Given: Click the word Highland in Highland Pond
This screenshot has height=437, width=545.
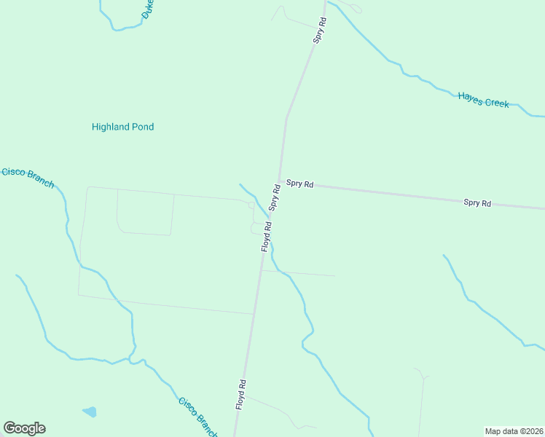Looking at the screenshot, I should tap(110, 127).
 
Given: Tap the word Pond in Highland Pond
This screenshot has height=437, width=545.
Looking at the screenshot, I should tap(143, 127).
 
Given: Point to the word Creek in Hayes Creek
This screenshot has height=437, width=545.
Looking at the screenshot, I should tap(497, 103).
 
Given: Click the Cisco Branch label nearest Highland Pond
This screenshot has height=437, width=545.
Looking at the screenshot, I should tap(28, 177).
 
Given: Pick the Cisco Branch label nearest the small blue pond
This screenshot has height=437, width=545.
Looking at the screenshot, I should tap(197, 417).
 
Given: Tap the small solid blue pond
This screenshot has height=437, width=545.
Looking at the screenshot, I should tap(90, 412).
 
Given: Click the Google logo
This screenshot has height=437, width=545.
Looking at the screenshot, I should tap(24, 428).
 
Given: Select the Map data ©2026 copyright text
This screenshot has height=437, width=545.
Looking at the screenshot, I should tap(514, 431).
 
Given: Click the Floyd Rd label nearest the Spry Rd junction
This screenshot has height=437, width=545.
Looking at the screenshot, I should tap(267, 237).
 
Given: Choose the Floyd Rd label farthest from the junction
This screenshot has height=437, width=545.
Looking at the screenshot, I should tap(240, 394).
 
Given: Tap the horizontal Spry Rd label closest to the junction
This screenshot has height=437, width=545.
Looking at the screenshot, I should tap(299, 184).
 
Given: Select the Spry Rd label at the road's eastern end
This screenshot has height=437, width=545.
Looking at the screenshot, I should tap(477, 202).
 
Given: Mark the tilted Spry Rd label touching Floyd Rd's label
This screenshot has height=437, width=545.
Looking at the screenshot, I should tap(275, 197).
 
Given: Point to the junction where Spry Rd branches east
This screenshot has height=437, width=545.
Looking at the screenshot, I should tap(280, 181).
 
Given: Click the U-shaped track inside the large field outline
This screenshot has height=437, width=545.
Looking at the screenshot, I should tap(145, 232).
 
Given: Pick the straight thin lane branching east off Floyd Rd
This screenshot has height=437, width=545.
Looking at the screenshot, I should tap(299, 273).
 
